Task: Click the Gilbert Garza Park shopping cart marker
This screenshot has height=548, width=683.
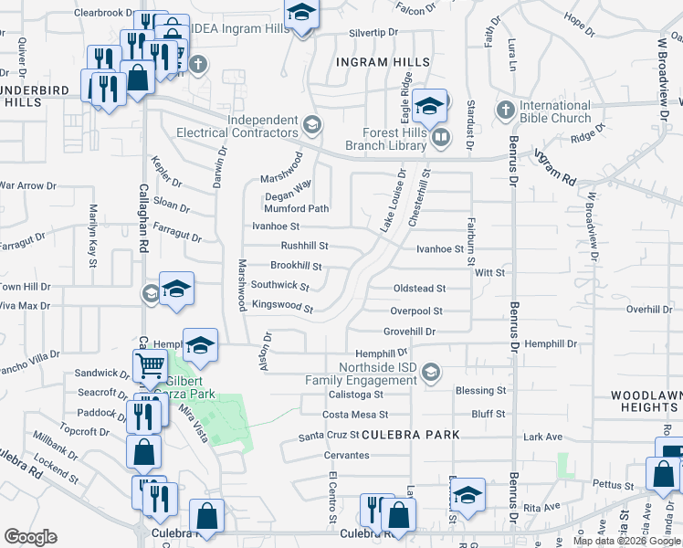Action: [151, 367]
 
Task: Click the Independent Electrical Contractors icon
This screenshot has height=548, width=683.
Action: [311, 124]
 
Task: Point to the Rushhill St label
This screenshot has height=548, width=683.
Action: [304, 246]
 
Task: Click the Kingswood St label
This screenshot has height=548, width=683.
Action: [282, 307]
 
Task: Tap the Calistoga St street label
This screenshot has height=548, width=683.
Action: [354, 395]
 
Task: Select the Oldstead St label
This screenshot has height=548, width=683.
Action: [418, 289]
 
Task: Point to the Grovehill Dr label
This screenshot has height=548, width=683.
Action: [409, 332]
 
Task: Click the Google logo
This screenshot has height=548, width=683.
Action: [29, 537]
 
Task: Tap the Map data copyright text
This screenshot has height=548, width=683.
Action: [625, 541]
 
